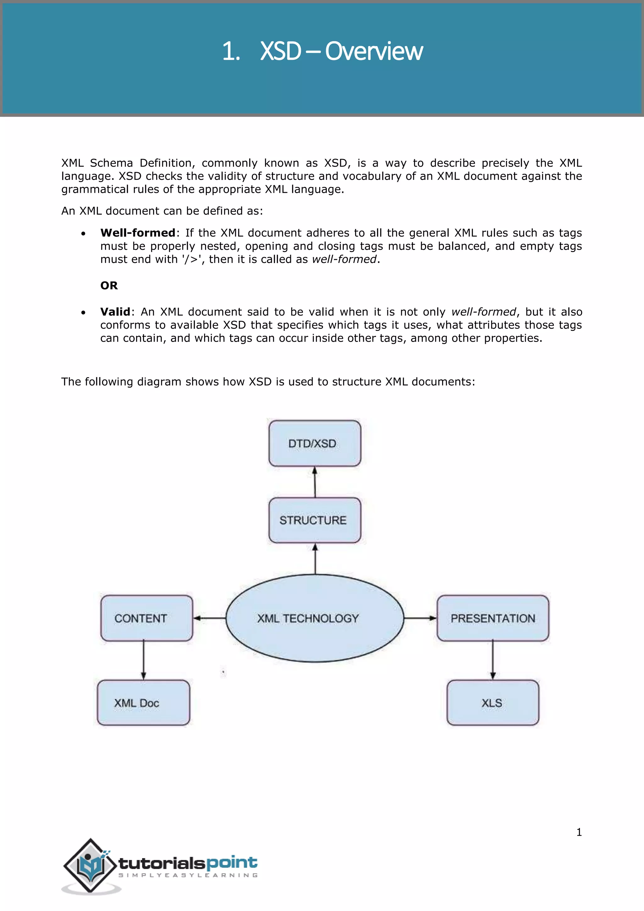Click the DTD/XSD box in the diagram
(x=314, y=443)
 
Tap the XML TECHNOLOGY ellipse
(x=314, y=618)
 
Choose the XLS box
(x=492, y=703)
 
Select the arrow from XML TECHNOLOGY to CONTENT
(x=209, y=618)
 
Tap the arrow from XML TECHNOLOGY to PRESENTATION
(x=420, y=618)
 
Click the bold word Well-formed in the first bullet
(x=138, y=232)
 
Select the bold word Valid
(x=115, y=311)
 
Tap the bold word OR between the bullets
(x=109, y=285)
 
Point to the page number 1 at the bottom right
(x=579, y=832)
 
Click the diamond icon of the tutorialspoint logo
(x=91, y=865)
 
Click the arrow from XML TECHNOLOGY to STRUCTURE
(x=315, y=559)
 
